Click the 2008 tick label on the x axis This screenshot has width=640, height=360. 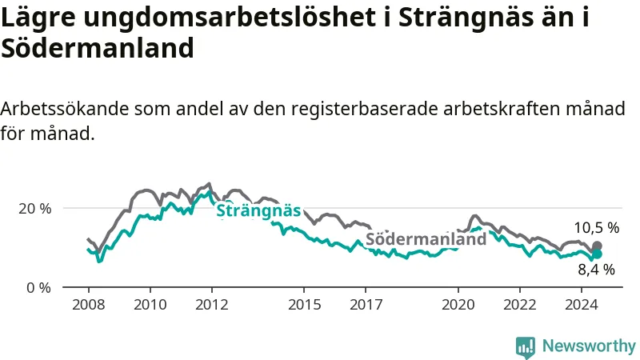[x=89, y=305]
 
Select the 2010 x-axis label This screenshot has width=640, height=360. [x=150, y=305]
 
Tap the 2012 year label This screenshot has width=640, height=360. [x=212, y=305]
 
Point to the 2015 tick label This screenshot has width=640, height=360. [x=305, y=305]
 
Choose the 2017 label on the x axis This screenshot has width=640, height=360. [x=366, y=305]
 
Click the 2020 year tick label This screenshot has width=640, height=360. [x=458, y=305]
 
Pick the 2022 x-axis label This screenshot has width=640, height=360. [x=519, y=305]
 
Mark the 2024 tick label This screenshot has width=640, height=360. [x=582, y=305]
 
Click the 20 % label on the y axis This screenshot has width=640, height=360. [x=35, y=209]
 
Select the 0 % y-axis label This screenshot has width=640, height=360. [x=38, y=288]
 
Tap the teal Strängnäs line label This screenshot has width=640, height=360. [x=258, y=210]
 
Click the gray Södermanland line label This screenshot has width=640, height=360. [x=426, y=238]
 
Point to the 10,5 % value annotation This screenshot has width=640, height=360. [x=597, y=228]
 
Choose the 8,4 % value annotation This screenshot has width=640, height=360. [x=596, y=270]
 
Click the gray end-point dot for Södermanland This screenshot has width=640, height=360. [x=597, y=246]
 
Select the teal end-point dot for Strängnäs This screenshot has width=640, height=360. [x=597, y=254]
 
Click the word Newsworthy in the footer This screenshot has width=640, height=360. [x=589, y=346]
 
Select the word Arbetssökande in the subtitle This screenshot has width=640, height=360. [x=65, y=109]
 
